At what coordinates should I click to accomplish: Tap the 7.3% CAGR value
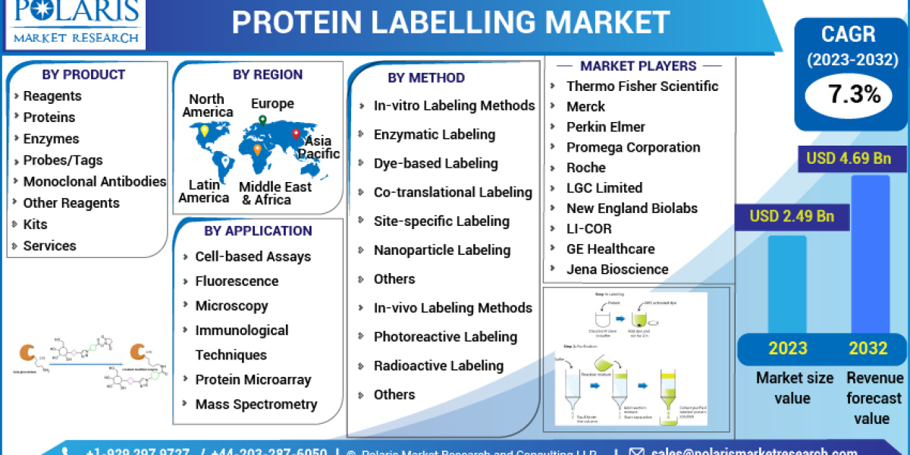[854, 95]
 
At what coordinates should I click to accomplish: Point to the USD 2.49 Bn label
[792, 216]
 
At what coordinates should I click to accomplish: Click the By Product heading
[83, 74]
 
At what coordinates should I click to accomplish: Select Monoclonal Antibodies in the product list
[94, 181]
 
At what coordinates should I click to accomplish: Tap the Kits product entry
[35, 224]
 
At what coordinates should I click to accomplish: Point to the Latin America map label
[204, 191]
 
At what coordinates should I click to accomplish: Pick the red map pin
[297, 135]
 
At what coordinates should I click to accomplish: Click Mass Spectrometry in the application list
[256, 404]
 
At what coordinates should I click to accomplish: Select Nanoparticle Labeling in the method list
[442, 250]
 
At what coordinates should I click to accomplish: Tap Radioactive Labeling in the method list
[438, 366]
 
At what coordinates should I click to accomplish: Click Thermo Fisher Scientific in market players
[642, 86]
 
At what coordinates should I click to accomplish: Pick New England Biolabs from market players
[632, 208]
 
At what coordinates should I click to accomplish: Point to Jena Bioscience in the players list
[617, 269]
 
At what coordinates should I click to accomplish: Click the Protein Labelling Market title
[450, 23]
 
